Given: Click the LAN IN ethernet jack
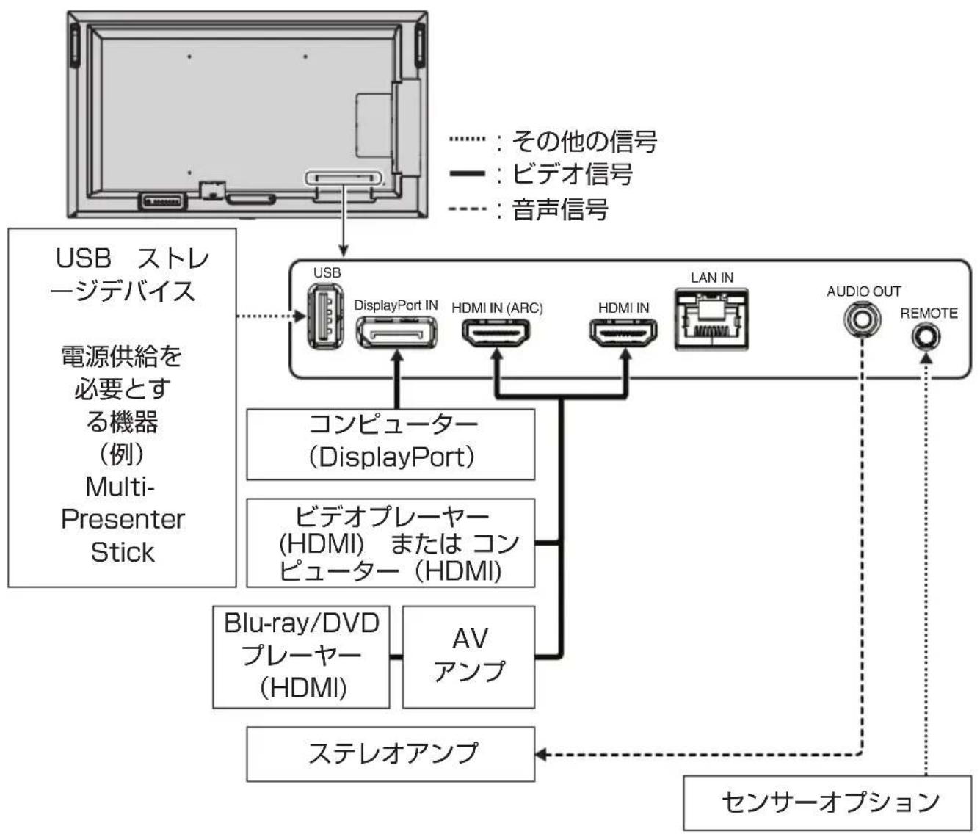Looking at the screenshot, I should pos(711,318).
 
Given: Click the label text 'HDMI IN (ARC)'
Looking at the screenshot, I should pos(497,308).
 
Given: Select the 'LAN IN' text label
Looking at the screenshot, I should pos(711,278).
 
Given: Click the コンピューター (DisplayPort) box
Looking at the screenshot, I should pos(391,443).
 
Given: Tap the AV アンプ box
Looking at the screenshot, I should pos(469,656).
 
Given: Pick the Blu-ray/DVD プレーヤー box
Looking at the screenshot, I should pos(301,656).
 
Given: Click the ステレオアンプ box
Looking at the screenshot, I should pos(391,753).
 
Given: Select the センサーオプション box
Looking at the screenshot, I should pos(830,802).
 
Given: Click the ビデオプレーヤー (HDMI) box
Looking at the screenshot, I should pos(391,543).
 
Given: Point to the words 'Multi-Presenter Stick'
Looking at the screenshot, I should pos(123,519).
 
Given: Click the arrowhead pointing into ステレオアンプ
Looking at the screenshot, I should pos(541,754).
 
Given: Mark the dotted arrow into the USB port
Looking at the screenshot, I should pos(272,316).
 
